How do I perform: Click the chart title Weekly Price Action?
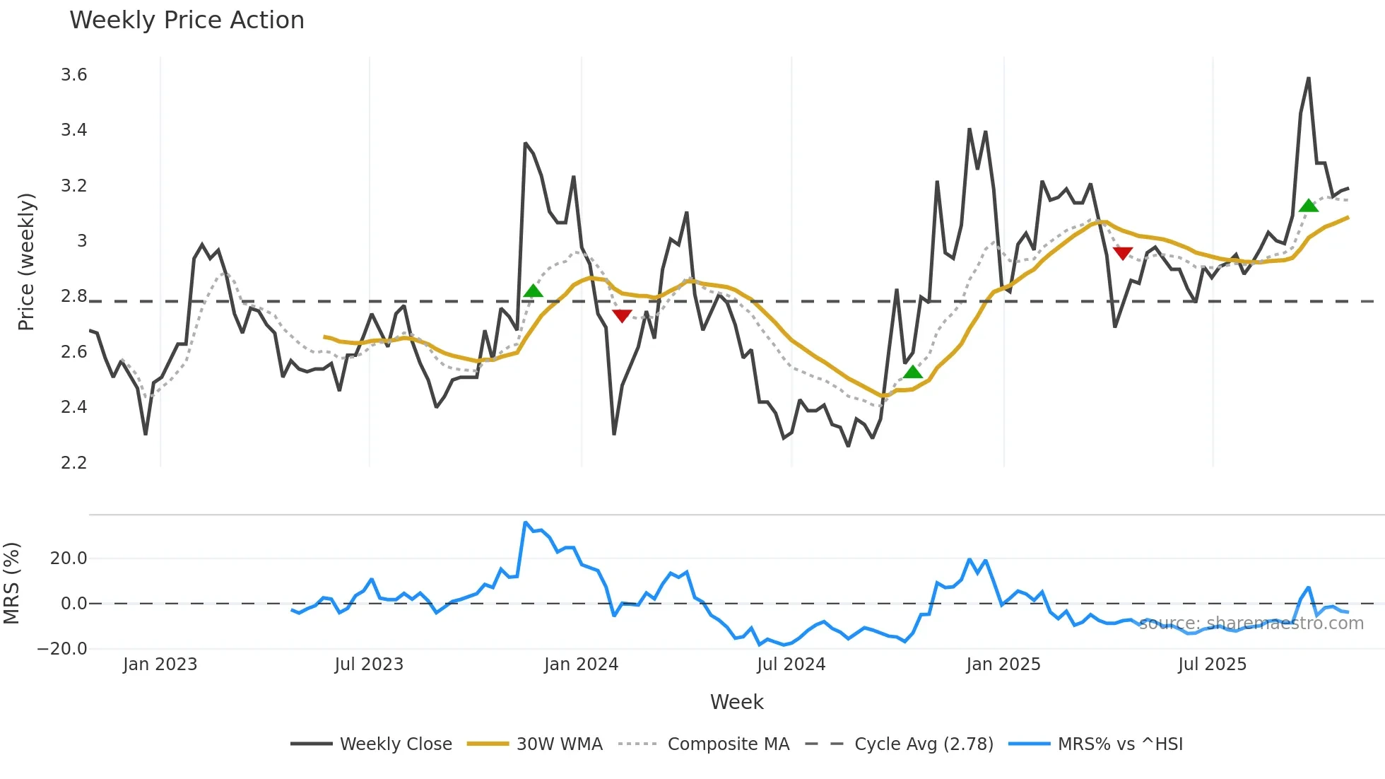click(x=187, y=20)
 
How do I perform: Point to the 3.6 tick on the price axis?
click(x=73, y=75)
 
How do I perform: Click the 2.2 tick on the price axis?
click(x=73, y=462)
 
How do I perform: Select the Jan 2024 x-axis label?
click(x=581, y=664)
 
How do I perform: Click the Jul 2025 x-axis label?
click(x=1212, y=664)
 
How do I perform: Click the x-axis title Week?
click(x=736, y=702)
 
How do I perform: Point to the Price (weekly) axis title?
click(x=26, y=262)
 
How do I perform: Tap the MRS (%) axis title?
click(x=12, y=583)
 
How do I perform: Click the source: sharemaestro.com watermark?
click(x=1251, y=623)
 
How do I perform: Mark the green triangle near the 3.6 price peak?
click(x=1308, y=206)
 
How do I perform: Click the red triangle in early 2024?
click(x=622, y=315)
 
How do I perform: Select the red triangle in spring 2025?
click(x=1123, y=253)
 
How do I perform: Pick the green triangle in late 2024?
click(x=913, y=372)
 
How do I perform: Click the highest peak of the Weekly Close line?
click(x=1309, y=78)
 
